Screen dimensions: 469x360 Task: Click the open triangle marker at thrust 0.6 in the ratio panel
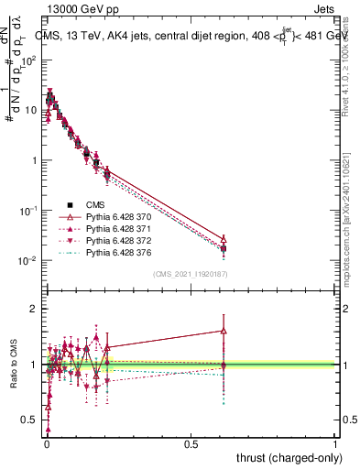click(x=224, y=332)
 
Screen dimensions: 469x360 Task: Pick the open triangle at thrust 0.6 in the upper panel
click(x=224, y=238)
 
